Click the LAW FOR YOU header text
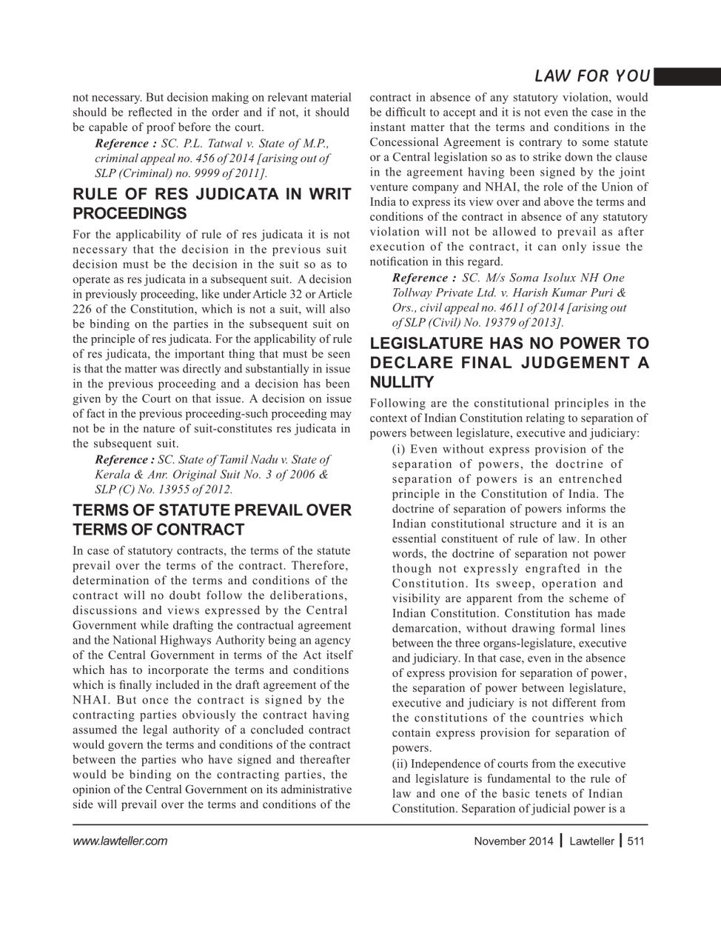tap(591, 76)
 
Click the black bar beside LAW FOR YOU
tap(687, 76)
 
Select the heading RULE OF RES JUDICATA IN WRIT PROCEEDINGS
tap(212, 204)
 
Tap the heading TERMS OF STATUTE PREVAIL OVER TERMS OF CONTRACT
tap(212, 520)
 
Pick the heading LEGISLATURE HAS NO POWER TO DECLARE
tap(509, 363)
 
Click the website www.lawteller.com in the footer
tap(120, 841)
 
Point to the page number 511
tap(635, 841)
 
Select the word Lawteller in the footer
tap(591, 841)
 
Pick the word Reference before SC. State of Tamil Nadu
tap(124, 460)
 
